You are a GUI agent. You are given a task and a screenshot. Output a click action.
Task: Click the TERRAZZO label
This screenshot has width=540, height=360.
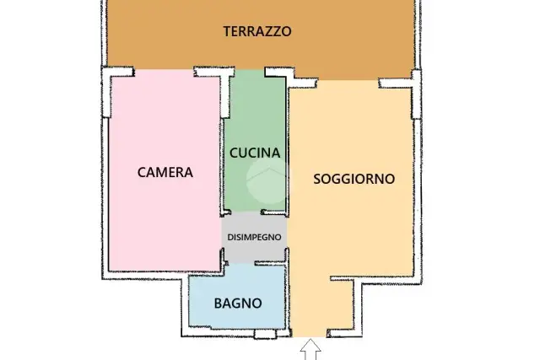[x=257, y=31]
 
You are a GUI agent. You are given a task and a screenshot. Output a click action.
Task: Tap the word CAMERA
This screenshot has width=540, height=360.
[x=165, y=173]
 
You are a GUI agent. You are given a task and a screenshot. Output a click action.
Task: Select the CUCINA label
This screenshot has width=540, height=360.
[x=255, y=153]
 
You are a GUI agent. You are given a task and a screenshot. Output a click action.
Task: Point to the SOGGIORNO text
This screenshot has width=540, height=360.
[x=354, y=179]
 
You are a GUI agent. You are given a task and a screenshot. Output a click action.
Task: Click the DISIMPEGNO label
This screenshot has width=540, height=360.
[x=254, y=237]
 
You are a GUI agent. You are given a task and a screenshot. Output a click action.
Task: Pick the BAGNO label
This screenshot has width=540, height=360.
[x=238, y=304]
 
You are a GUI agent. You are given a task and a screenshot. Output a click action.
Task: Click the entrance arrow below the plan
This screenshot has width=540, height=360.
[x=310, y=349]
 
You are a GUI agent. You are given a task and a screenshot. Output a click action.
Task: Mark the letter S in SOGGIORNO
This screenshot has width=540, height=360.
[x=317, y=179]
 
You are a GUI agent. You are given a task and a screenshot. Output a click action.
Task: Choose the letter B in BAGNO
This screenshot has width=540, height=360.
[x=218, y=304]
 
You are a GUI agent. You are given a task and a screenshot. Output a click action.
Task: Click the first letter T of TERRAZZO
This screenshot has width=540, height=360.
[x=227, y=31]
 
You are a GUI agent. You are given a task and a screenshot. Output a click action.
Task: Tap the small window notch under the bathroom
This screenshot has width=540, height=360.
[x=265, y=334]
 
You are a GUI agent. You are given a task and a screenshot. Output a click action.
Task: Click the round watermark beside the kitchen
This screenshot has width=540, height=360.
[x=267, y=180]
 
